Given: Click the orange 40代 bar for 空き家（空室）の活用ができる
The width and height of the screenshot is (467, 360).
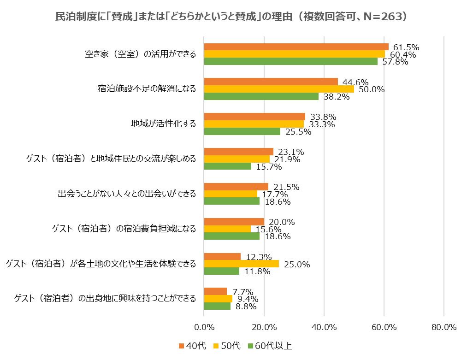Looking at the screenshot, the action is tap(296, 47).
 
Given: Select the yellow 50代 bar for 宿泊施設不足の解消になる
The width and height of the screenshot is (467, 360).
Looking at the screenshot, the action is tap(279, 89).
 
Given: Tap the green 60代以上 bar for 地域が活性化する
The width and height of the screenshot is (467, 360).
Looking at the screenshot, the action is tap(242, 131).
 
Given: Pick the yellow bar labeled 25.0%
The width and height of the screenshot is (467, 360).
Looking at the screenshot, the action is tap(242, 264).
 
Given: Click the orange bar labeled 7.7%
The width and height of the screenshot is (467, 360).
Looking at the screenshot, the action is tap(215, 291).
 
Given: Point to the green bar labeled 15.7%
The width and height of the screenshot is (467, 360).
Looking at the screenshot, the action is tap(228, 166).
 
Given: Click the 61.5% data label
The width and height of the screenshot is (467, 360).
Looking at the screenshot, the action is tap(406, 47).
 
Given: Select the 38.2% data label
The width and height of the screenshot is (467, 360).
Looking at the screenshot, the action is tap(337, 96).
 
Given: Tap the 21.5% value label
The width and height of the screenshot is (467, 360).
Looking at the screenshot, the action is tap(286, 187).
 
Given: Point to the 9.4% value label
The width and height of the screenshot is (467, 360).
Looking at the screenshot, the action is tap(248, 299).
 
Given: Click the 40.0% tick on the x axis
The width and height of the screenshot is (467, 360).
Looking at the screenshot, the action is tap(324, 327).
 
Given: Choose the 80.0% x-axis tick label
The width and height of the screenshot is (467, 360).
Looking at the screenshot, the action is tap(444, 327).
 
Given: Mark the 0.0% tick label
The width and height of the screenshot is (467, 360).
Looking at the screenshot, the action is tap(204, 327).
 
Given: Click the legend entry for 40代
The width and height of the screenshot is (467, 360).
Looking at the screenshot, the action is tap(192, 346).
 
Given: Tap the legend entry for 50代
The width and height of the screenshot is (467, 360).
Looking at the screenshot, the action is tap(227, 346).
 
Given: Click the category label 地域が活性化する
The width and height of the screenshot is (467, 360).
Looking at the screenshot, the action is tap(164, 124).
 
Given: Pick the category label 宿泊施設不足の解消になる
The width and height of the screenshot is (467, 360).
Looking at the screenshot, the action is tap(147, 89).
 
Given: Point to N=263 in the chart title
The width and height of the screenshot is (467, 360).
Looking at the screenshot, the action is tap(383, 17).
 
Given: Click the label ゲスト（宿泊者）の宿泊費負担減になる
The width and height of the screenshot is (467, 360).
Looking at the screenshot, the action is tap(124, 229).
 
